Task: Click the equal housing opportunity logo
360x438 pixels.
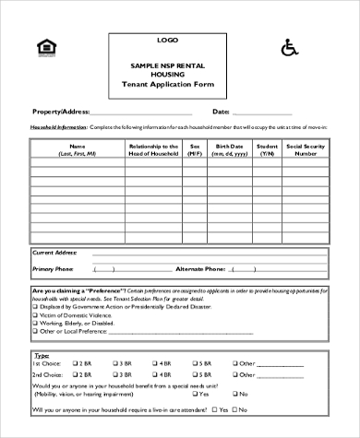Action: coord(43,47)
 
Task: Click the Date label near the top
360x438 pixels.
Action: coord(221,111)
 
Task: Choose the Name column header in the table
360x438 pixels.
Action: coord(77,149)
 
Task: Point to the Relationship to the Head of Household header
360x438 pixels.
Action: coord(153,149)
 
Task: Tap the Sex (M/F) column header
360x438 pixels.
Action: coord(195,149)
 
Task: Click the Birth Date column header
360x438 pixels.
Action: coord(230,149)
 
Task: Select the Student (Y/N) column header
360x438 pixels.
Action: coord(266,149)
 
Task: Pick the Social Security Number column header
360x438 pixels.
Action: coord(305,149)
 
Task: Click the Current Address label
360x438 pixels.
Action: coord(55,252)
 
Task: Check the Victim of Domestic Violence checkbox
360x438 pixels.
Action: coord(35,315)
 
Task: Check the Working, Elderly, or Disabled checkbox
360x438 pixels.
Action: coord(35,324)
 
